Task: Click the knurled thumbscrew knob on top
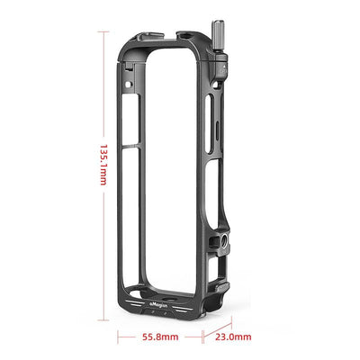[221, 43]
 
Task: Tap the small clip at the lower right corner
[222, 287]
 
